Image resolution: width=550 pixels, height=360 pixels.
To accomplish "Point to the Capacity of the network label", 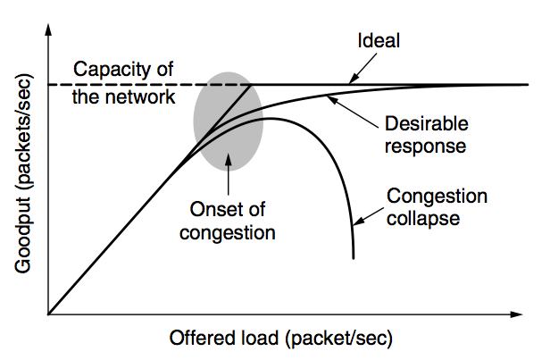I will [x=124, y=83].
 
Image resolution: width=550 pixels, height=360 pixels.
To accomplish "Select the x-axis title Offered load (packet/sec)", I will [x=280, y=339].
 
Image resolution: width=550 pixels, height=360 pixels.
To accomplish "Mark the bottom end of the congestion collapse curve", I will [x=354, y=256].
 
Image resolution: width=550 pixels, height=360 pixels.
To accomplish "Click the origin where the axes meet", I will [x=50, y=314].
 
